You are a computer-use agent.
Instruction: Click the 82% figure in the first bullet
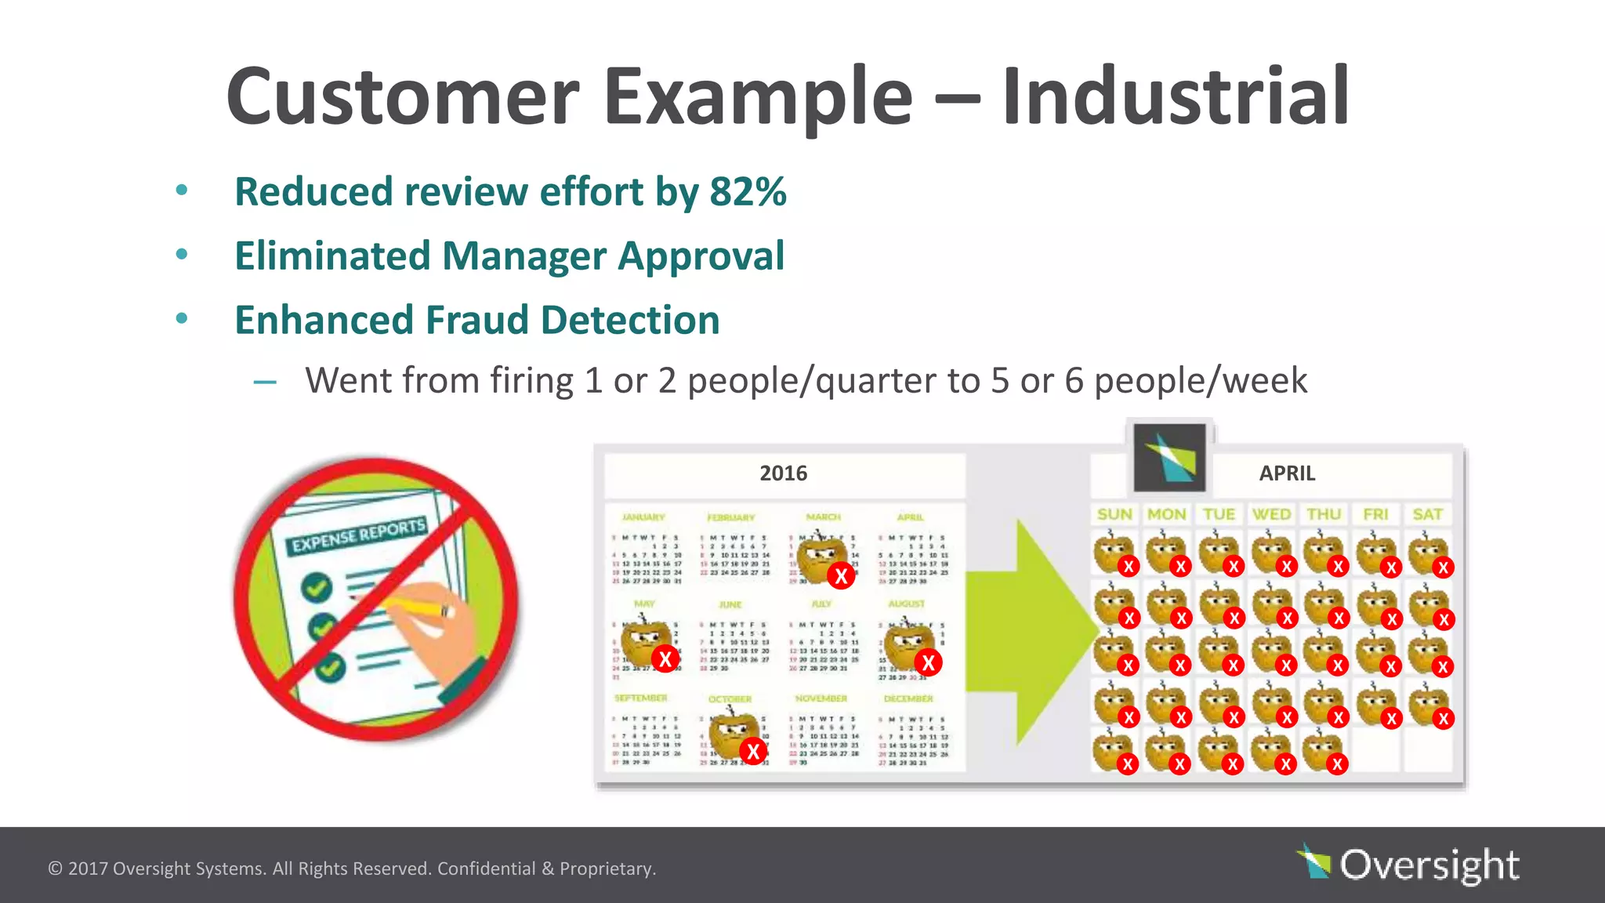click(x=748, y=192)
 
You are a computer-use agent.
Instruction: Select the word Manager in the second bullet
click(x=524, y=256)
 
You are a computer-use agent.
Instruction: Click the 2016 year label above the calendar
click(x=783, y=473)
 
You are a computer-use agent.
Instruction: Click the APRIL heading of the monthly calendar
click(x=1287, y=473)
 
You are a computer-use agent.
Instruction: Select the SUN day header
click(x=1114, y=515)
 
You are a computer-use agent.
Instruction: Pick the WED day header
click(x=1271, y=515)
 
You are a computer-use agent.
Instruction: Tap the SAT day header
click(x=1427, y=515)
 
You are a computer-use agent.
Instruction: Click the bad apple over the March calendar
click(x=821, y=556)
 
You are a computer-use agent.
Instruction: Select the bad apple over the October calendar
click(x=734, y=736)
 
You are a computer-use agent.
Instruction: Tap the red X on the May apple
click(x=665, y=659)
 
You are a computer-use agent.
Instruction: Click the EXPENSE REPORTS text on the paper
click(x=358, y=535)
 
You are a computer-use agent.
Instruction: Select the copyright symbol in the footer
click(x=55, y=869)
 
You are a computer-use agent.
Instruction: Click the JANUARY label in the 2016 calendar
click(x=643, y=517)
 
